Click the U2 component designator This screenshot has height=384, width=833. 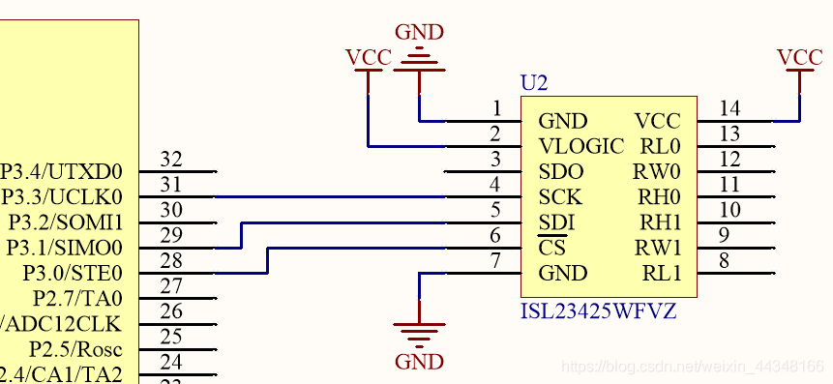point(534,83)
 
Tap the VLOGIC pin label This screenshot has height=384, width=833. point(581,147)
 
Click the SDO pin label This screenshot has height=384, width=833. point(562,172)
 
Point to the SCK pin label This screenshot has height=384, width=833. point(561,197)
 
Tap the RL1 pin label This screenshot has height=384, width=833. point(662,273)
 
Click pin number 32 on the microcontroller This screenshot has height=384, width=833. point(170,159)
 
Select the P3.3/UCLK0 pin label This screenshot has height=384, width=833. point(63,197)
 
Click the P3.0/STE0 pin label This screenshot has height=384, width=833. point(73,273)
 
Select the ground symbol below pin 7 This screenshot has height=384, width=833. point(420,335)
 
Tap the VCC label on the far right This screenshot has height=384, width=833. point(800,57)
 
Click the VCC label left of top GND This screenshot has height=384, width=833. point(368,57)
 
